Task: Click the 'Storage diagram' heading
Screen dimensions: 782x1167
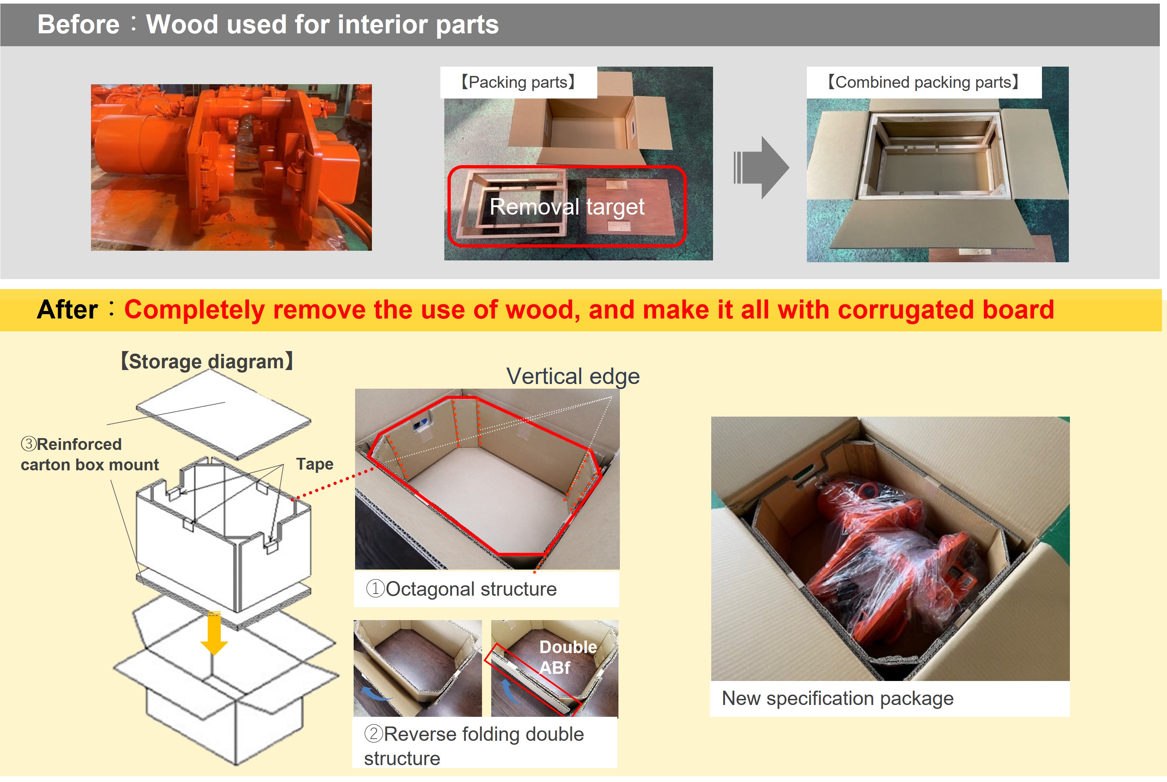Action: coord(207,361)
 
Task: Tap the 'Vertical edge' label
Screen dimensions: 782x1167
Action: coord(573,376)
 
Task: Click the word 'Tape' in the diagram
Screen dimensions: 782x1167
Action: coord(314,464)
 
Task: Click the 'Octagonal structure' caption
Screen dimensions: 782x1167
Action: coord(461,589)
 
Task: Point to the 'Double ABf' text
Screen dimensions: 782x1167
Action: coord(567,657)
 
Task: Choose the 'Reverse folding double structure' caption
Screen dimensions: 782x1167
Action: coord(473,745)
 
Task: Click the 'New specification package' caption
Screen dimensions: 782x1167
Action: coord(837,698)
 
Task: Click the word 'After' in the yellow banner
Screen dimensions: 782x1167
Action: coord(67,310)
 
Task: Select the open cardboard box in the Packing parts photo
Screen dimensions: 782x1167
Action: coord(588,125)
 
